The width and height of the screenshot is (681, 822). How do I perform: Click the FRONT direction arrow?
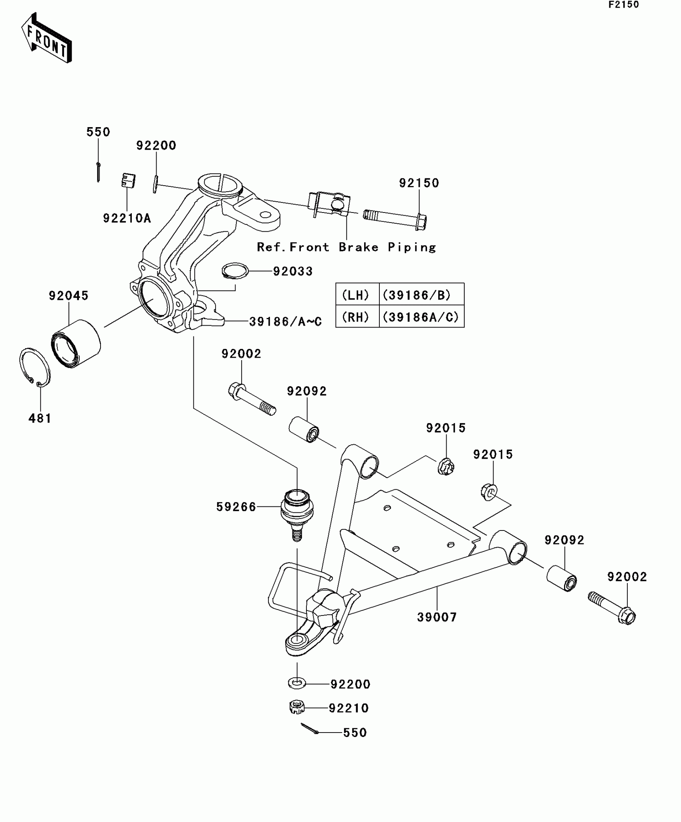pos(46,38)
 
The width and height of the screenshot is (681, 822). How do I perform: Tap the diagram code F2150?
pos(624,5)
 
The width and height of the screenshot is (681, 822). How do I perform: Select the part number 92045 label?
pos(69,296)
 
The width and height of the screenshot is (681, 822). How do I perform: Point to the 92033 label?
pos(292,271)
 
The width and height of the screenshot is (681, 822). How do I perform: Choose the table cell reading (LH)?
pos(355,296)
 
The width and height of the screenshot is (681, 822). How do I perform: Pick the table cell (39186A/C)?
pos(421,317)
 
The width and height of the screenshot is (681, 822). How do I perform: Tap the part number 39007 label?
pos(437,617)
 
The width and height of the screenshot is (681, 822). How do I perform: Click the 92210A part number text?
pos(127,218)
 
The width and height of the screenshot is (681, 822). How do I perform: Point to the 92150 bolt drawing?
pos(395,219)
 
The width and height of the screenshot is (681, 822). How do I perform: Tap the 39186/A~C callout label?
pos(285,322)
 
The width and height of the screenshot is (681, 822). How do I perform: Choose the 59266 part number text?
pos(236,507)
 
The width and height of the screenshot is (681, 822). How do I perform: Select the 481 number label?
pos(40,418)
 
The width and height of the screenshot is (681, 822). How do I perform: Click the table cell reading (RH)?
pos(355,317)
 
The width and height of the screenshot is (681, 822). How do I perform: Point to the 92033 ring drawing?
pos(235,270)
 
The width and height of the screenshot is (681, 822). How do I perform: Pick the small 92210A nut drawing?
pos(128,181)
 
